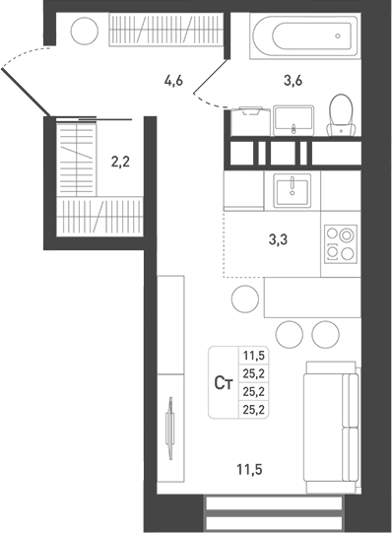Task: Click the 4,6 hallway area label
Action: [175, 82]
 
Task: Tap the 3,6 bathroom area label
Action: [293, 82]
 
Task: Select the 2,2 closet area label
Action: [119, 158]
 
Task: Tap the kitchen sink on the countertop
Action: [292, 188]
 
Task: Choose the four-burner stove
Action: [341, 242]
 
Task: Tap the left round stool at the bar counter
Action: [288, 334]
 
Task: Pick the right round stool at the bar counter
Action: [321, 334]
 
